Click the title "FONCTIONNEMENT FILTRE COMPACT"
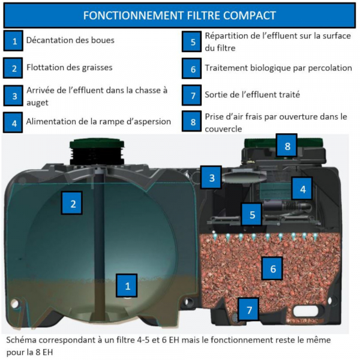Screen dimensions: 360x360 pos(179,16)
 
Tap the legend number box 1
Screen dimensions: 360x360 pos(13,41)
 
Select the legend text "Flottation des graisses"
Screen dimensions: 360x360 pos(70,67)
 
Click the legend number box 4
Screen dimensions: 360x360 pos(13,122)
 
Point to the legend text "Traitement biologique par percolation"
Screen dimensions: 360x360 pos(278,68)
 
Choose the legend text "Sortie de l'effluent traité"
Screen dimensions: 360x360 pos(253,95)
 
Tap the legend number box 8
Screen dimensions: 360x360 pos(192,121)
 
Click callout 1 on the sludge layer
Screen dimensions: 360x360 pos(127,286)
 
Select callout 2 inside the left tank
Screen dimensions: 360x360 pos(72,203)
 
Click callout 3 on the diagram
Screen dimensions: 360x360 pos(211,178)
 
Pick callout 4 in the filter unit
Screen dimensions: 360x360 pos(302,188)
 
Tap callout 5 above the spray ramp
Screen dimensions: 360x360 pos(251,214)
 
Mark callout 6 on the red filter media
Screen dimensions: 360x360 pos(272,268)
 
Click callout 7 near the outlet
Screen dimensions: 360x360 pos(248,309)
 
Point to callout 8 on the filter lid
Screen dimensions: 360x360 pos(287,146)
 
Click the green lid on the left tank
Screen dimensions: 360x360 pos(97,144)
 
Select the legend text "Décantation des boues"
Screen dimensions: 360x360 pos(70,40)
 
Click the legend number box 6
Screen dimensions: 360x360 pos(192,68)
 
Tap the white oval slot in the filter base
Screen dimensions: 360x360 pos(305,311)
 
